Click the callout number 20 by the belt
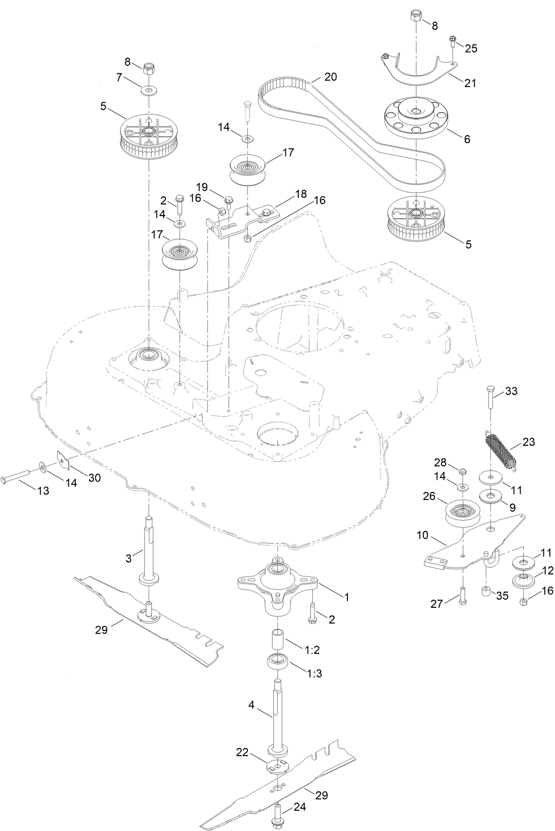[330, 77]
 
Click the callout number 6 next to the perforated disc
[467, 139]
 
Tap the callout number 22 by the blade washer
[242, 753]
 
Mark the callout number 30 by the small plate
[95, 477]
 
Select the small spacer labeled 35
[486, 591]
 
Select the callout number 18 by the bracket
[301, 194]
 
